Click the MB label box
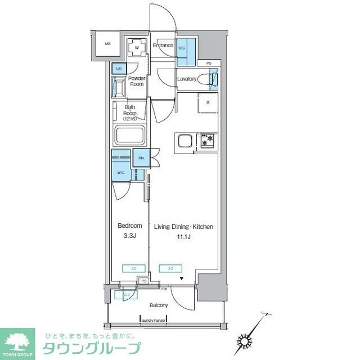coord(107,43)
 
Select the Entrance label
coord(163,46)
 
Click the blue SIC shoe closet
coord(185,49)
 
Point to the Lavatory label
coord(187,79)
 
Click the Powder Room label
coord(137,82)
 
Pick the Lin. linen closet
coord(119,69)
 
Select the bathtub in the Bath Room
coord(130,137)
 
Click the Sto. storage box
coord(141,158)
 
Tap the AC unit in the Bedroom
coord(134,268)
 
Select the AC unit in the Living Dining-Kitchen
coord(170,268)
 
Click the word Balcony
coord(158,305)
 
